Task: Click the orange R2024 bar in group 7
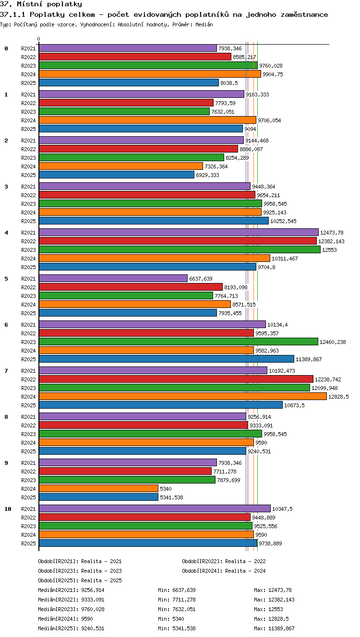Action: (x=183, y=396)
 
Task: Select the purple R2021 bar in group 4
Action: (x=179, y=232)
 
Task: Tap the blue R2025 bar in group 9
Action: (x=98, y=497)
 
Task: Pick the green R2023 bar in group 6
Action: (x=179, y=342)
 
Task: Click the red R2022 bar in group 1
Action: (x=126, y=103)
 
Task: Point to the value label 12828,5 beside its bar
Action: (x=338, y=397)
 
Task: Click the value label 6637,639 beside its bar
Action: (x=201, y=279)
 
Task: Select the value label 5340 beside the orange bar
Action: (x=166, y=489)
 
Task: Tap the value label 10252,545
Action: (x=283, y=221)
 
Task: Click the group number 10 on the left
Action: (x=8, y=509)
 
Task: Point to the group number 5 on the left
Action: (x=6, y=279)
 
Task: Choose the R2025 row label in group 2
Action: (x=28, y=175)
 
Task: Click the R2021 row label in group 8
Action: (x=28, y=417)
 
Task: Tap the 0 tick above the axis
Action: (x=39, y=39)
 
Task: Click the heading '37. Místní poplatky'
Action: (x=41, y=4)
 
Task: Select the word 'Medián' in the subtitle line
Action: (x=204, y=24)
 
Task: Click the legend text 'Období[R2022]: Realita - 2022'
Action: (x=224, y=561)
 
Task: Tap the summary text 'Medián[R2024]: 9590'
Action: (x=65, y=619)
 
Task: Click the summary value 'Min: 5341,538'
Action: (x=177, y=628)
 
